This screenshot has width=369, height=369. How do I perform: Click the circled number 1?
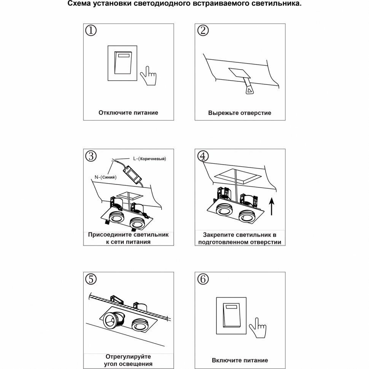point(91,31)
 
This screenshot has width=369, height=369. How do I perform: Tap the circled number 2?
point(203,31)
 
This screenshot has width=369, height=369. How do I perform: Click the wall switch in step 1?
point(124,63)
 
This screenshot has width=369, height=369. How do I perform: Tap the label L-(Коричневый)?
point(150,158)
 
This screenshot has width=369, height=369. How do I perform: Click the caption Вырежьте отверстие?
point(240,113)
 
